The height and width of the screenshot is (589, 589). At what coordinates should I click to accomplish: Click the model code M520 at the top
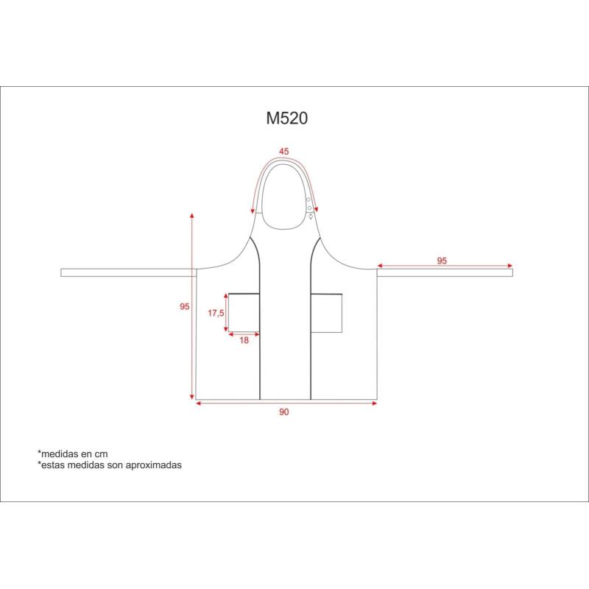(x=287, y=118)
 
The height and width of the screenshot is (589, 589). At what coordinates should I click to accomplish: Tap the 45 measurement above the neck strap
(x=284, y=152)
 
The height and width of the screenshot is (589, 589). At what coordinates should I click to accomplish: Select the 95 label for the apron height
(x=185, y=306)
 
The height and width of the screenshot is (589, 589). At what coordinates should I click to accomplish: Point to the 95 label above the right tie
(x=442, y=261)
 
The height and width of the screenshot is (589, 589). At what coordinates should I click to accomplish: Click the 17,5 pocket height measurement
(x=216, y=313)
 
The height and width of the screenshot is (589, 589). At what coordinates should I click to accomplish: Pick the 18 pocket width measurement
(x=244, y=340)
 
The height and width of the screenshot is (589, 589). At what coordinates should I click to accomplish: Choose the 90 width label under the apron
(x=284, y=412)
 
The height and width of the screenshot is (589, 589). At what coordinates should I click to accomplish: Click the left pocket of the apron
(x=244, y=312)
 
